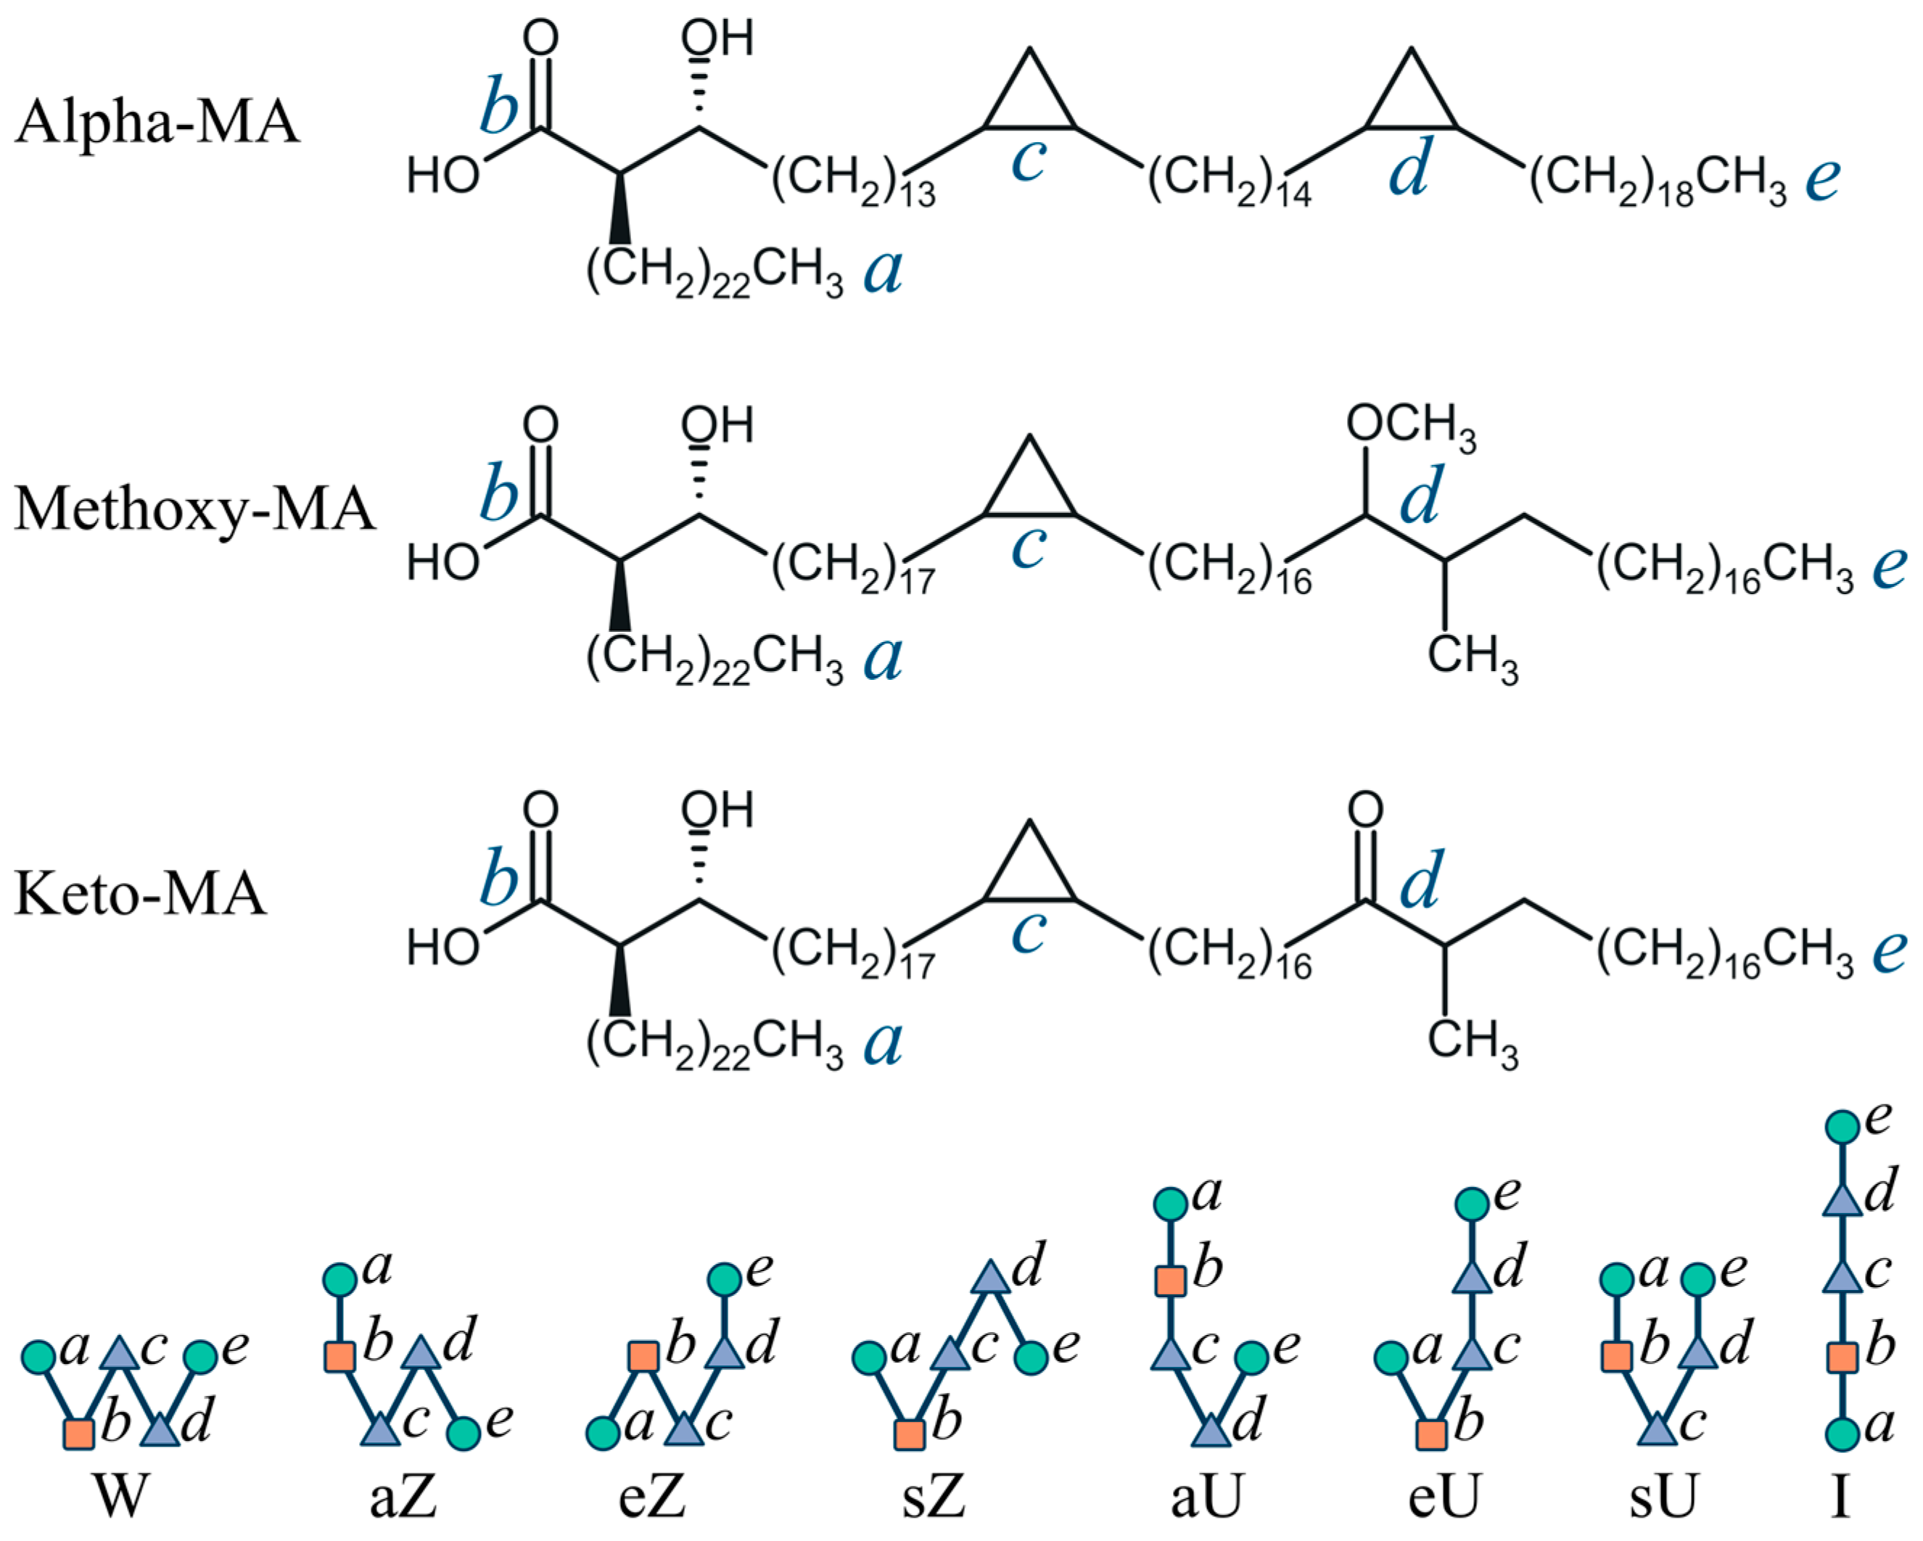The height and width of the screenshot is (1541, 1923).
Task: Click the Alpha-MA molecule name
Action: point(157,122)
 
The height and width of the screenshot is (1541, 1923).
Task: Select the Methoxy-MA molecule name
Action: point(194,509)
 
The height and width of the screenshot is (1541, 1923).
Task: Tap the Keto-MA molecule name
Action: point(140,893)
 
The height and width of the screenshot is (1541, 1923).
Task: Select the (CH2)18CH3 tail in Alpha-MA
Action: point(1658,180)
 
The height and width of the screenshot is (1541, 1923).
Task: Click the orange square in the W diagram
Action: point(78,1433)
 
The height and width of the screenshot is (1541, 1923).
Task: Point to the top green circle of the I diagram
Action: point(1842,1127)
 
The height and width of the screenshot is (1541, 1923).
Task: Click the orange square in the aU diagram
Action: point(1170,1281)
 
